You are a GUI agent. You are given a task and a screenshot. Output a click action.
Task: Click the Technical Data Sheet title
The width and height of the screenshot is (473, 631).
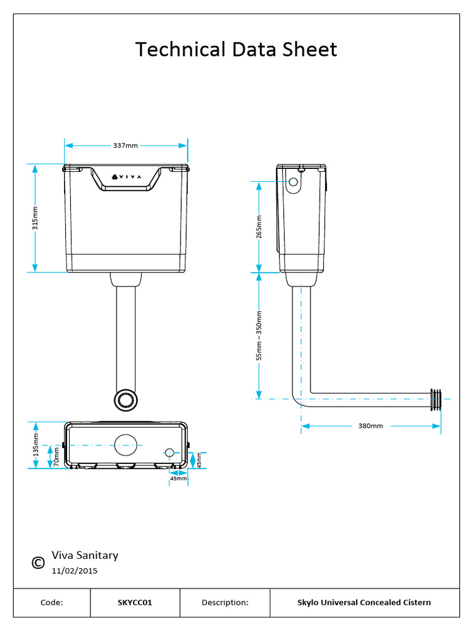236,49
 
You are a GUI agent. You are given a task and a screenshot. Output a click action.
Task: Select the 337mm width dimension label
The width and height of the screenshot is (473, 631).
125,145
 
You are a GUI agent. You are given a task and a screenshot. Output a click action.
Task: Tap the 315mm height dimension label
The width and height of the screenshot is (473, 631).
35,218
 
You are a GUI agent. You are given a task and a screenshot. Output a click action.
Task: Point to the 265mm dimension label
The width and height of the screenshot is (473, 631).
259,226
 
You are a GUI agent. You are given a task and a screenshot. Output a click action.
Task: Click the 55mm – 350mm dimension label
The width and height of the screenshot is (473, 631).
259,335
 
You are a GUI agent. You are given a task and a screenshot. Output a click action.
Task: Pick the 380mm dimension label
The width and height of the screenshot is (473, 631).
370,426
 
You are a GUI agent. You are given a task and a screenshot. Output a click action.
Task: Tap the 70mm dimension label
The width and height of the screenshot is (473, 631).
56,457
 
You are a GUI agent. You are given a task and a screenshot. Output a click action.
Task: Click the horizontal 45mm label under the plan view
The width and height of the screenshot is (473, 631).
178,478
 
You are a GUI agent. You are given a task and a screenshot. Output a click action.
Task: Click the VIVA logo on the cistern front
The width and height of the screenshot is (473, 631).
126,177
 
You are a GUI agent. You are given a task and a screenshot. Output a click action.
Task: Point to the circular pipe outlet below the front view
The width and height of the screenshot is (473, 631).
127,399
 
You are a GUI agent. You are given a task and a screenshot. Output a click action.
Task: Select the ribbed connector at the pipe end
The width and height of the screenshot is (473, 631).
436,399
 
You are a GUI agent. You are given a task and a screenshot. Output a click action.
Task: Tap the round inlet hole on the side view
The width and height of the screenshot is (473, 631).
294,182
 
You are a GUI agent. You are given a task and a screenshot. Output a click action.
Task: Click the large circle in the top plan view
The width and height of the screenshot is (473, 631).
126,444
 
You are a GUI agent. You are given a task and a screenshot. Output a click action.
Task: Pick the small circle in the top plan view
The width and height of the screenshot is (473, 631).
170,452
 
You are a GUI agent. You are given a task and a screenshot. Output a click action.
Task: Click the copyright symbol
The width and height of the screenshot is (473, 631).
38,563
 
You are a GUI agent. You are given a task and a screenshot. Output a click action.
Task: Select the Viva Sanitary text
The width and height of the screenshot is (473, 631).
85,555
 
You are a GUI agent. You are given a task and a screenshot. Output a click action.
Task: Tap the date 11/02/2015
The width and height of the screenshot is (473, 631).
75,571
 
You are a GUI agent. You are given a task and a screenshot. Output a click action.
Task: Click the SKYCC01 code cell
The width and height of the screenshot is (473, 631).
135,603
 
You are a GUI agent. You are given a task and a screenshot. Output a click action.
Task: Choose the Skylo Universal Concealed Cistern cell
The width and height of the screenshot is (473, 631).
364,603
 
